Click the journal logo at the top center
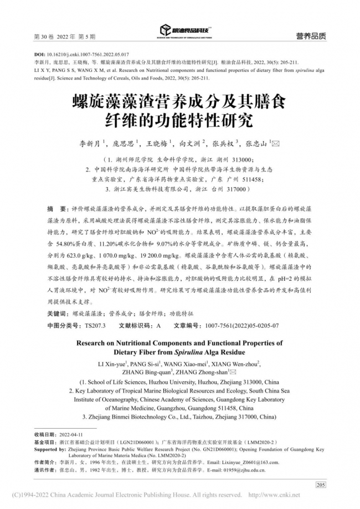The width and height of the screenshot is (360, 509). click(x=184, y=30)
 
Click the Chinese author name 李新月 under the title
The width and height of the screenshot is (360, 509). click(x=90, y=143)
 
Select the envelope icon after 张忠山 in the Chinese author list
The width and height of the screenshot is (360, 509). click(x=277, y=143)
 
